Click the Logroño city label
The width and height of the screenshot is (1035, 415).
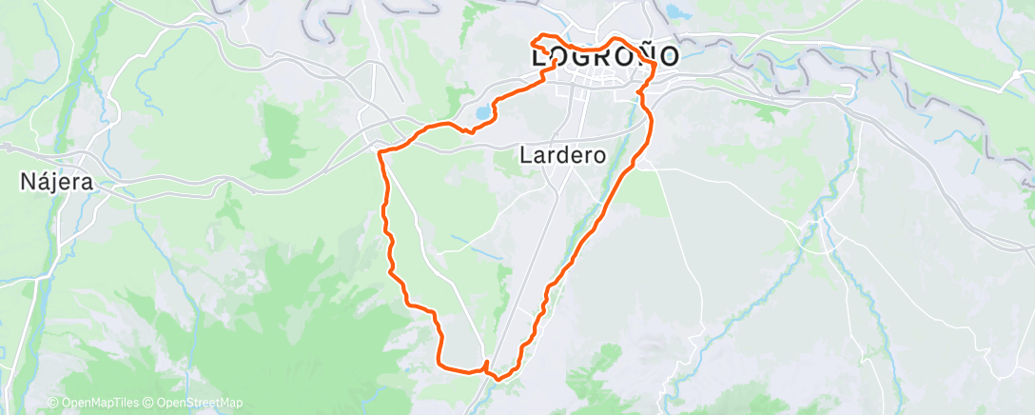(605, 56)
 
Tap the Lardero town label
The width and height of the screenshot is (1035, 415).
(563, 154)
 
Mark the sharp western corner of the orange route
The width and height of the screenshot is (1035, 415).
(380, 152)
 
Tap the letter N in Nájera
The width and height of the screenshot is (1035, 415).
(27, 181)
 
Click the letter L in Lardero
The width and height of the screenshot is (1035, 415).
(526, 154)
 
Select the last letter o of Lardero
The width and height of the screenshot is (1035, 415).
(599, 154)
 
